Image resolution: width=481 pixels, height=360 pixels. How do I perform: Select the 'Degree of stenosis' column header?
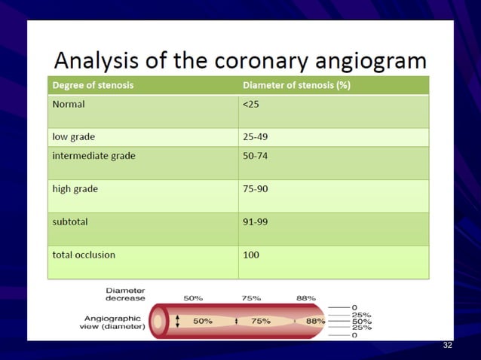[93, 85]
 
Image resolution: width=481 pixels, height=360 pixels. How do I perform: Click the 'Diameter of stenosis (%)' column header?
[296, 85]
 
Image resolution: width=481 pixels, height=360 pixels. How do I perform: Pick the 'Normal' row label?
[69, 104]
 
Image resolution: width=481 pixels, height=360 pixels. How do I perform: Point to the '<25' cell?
[250, 104]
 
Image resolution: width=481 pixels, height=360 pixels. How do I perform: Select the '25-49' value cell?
[255, 137]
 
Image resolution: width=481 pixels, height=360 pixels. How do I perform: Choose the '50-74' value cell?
[255, 156]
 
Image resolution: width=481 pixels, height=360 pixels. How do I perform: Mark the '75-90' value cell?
[255, 188]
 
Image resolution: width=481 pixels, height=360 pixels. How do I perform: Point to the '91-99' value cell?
[255, 222]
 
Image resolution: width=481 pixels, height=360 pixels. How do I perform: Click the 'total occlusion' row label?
[84, 255]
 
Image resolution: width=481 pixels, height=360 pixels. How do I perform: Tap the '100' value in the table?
[251, 255]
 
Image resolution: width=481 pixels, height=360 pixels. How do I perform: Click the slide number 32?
[448, 345]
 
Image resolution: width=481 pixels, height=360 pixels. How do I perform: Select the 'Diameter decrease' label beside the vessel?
[125, 294]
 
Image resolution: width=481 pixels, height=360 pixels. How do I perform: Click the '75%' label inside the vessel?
[261, 321]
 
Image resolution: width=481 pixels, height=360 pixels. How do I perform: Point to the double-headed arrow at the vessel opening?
[178, 321]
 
